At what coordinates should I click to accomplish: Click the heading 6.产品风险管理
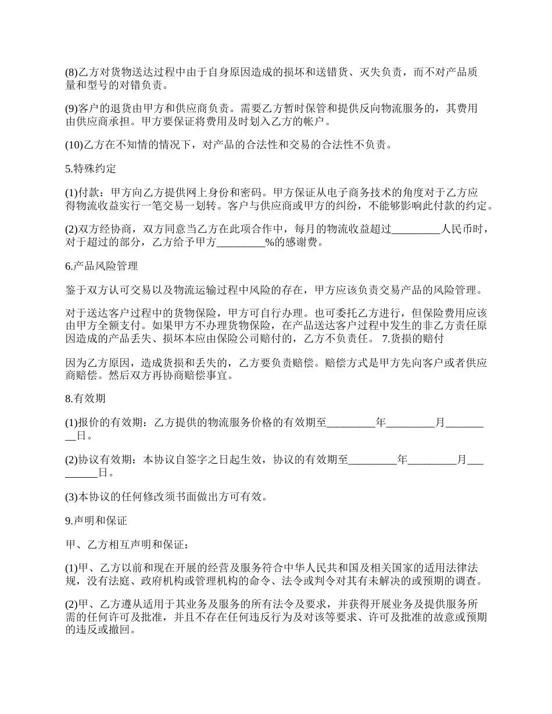pos(101,266)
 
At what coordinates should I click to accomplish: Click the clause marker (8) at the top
pos(71,73)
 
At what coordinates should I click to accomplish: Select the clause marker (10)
pos(74,145)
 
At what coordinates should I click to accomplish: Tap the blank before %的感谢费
pos(241,243)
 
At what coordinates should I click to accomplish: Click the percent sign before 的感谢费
pos(270,243)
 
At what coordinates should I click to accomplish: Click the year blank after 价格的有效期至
pos(351,423)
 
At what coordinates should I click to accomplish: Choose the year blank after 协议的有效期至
pos(372,460)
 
